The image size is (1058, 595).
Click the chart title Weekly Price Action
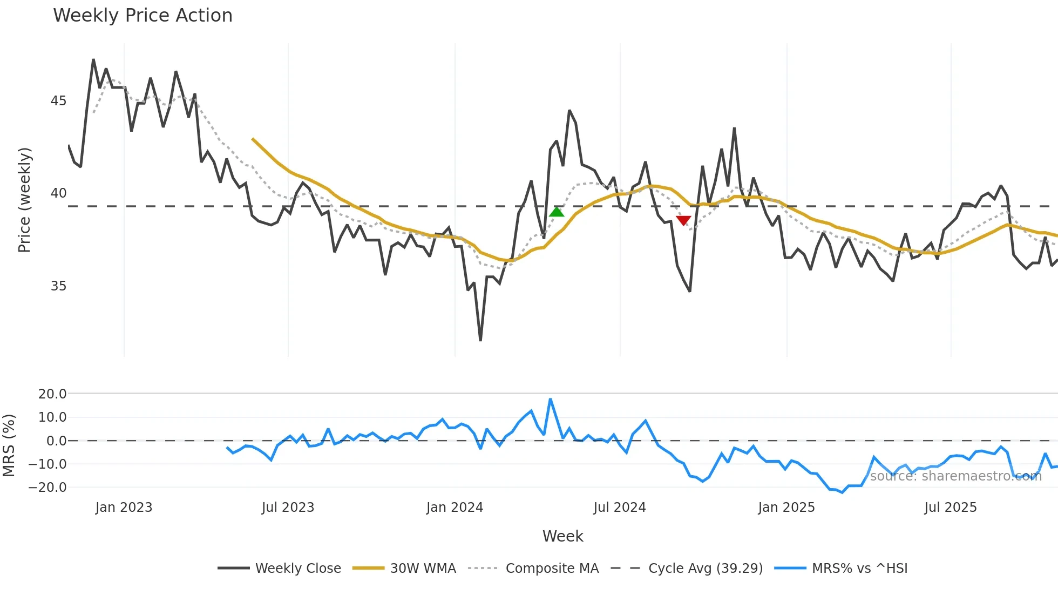click(143, 16)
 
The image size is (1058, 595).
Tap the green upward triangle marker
click(557, 212)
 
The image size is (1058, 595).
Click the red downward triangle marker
click(683, 220)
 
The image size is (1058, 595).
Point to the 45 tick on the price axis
click(58, 101)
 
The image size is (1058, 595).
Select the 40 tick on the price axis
click(58, 193)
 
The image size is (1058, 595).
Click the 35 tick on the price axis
click(58, 286)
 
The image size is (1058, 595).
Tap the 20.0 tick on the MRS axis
click(52, 394)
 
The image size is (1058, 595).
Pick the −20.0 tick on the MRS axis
click(48, 488)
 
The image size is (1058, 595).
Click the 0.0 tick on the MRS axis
click(56, 441)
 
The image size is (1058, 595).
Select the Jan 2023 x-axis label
click(124, 508)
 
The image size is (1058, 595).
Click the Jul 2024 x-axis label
click(620, 508)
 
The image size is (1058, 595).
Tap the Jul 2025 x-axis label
click(951, 508)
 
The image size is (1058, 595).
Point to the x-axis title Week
click(562, 536)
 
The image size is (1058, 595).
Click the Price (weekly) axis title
click(25, 200)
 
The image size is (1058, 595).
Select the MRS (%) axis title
click(9, 445)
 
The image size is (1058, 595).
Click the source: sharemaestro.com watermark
click(955, 476)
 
